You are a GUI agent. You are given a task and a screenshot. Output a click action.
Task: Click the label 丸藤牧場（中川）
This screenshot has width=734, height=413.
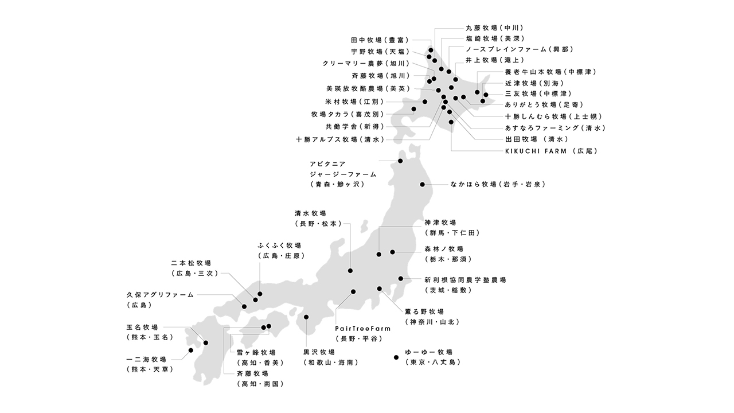(494, 28)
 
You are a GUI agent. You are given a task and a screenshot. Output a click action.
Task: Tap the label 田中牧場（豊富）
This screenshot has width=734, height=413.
(380, 40)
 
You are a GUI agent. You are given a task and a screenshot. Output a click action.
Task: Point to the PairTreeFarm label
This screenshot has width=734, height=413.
(362, 329)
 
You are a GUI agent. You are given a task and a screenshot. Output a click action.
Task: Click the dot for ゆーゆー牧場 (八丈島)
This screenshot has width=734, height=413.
(396, 357)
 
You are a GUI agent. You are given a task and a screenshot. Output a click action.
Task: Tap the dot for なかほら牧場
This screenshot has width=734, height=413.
(423, 184)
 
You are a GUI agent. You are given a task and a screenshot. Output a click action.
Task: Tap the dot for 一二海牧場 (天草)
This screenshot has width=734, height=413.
(191, 350)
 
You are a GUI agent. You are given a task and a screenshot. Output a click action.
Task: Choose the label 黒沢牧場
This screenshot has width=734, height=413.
(319, 352)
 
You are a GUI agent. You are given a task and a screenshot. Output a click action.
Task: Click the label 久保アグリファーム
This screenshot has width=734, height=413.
(161, 295)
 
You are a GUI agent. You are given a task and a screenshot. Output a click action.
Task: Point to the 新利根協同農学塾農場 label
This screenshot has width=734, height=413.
(465, 280)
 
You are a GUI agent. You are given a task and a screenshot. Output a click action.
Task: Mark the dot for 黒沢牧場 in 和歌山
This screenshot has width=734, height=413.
(306, 317)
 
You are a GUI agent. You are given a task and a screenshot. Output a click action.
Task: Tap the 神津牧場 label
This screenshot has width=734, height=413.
(440, 223)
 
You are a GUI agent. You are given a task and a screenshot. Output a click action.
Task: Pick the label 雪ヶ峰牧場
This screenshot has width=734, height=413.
(256, 352)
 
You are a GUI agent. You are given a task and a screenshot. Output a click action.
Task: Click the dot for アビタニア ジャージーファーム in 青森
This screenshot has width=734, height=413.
(400, 161)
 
